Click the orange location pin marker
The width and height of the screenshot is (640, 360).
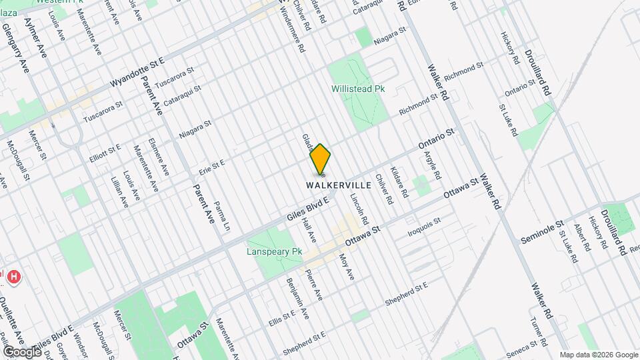pos(321,159)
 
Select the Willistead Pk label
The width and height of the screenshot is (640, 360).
pos(359,88)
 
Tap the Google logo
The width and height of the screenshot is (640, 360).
pos(22,351)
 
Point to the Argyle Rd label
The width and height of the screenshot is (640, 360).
pos(433,165)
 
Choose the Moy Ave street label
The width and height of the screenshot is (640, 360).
pos(347,266)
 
